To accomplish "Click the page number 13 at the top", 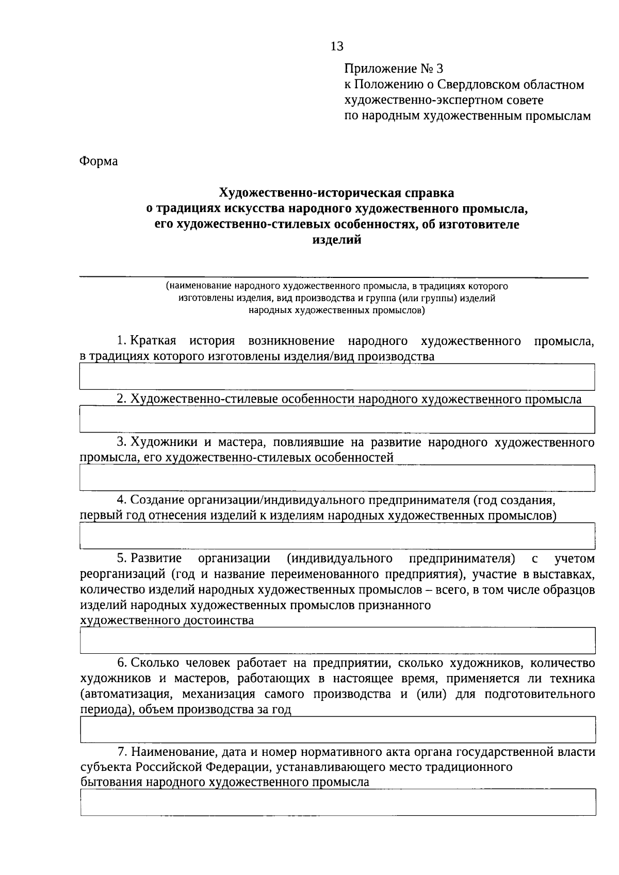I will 337,46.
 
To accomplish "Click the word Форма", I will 99,161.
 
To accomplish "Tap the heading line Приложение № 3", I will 394,69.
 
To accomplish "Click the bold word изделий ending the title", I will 337,240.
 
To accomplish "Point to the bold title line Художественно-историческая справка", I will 337,193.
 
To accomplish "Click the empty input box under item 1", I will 337,377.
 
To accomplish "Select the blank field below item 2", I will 337,420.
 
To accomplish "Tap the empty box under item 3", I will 337,478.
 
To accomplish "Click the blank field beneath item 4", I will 337,536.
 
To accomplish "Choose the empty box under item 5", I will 337,641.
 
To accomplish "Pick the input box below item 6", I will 337,730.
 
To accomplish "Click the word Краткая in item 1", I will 153,341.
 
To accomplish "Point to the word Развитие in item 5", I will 156,558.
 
